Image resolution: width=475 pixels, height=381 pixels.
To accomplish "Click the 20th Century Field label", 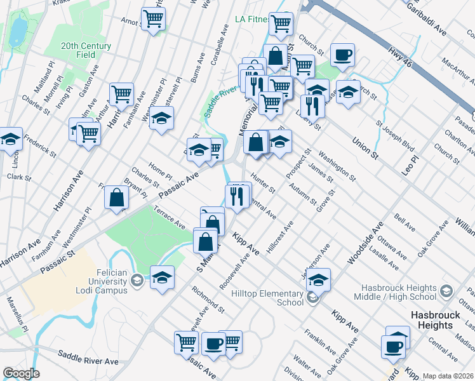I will pos(86,50).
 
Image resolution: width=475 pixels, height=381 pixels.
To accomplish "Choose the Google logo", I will pos(21,373).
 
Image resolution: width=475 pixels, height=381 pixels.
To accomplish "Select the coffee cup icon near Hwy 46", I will pos(343,55).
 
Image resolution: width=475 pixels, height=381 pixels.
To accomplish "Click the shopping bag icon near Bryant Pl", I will pos(117,197).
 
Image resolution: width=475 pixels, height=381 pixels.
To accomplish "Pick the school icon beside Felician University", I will pos(162,277).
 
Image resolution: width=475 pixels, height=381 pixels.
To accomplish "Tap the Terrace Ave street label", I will pos(169,216).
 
